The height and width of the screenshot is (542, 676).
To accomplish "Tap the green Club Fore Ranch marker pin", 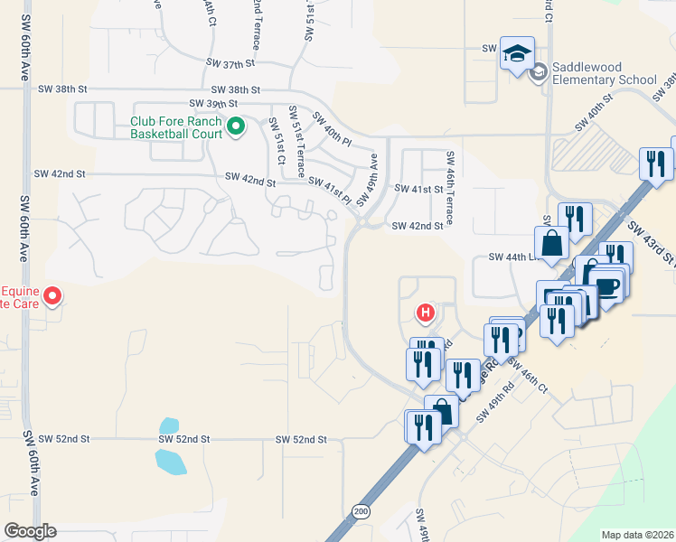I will click(x=236, y=126).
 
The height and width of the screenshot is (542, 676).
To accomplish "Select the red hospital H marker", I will click(x=425, y=313).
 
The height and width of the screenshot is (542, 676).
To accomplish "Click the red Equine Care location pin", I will click(x=53, y=295).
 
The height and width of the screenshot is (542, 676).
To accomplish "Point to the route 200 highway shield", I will click(x=361, y=511).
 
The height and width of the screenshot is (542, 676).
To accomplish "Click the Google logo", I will click(x=30, y=531).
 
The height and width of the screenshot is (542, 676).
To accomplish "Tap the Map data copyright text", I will click(x=637, y=535).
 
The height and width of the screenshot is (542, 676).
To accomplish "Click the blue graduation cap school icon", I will click(x=518, y=53).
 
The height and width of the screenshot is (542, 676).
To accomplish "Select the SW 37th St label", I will click(x=231, y=63).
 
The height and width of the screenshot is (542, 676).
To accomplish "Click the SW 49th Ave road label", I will click(x=366, y=179).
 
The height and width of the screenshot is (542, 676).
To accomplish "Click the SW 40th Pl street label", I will click(x=332, y=129).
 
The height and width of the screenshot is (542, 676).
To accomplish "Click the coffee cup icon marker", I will click(x=609, y=286).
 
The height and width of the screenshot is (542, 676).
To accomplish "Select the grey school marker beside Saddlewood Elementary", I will click(x=539, y=71).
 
